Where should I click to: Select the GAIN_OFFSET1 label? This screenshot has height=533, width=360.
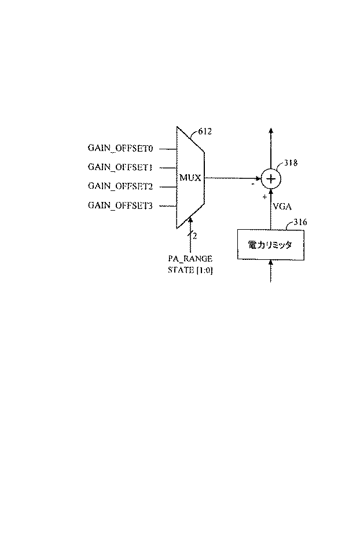coord(120,168)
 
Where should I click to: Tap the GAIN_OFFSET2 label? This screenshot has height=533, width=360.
coord(120,186)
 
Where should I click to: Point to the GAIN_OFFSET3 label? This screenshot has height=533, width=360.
coord(120,205)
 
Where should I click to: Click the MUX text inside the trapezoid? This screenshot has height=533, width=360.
coord(190,178)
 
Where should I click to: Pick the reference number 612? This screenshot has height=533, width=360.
coord(205,132)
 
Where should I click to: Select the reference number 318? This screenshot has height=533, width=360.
coord(291,164)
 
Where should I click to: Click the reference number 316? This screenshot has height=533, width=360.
coord(300,222)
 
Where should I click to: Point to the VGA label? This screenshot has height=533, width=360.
coord(282,206)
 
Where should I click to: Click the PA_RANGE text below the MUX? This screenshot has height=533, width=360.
coord(190,258)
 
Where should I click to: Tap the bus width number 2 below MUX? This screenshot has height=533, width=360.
coord(195,236)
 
